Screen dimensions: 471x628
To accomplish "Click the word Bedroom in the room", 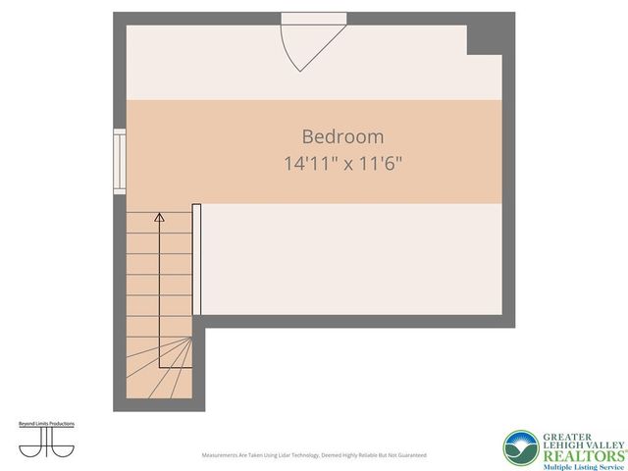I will (x=342, y=137).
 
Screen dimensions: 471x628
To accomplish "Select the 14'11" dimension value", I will (x=307, y=164).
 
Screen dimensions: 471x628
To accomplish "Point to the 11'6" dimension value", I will (x=378, y=164).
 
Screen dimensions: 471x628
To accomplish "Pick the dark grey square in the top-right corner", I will (x=484, y=38).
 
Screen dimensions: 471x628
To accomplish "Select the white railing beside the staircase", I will (x=197, y=260).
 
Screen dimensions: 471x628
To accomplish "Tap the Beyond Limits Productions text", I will (x=46, y=424).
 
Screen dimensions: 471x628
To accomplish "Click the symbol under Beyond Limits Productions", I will (x=46, y=443).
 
